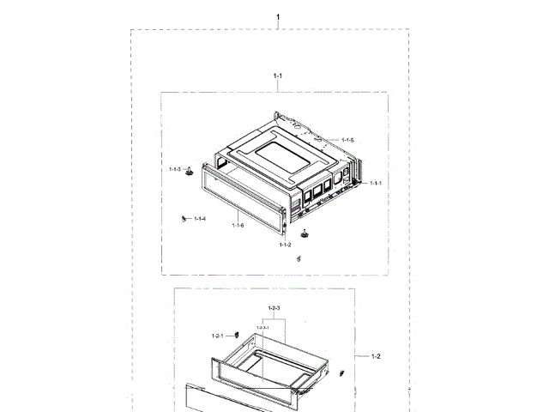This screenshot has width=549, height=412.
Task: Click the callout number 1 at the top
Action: [x=278, y=16]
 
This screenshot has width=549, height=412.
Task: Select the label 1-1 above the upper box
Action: [x=278, y=76]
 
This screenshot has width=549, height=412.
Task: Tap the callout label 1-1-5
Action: [x=347, y=140]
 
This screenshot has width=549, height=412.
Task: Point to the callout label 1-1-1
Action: [x=375, y=183]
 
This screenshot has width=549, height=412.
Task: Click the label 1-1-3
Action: [x=175, y=170]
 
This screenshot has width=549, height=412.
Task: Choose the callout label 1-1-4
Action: [x=200, y=219]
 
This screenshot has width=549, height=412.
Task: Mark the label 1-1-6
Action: [x=238, y=225]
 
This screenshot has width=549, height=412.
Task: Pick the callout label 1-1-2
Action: [x=286, y=245]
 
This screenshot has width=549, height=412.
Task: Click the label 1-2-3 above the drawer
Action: [x=274, y=308]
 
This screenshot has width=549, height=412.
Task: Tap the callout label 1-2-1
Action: [x=218, y=335]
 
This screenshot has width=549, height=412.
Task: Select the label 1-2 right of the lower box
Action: [x=376, y=355]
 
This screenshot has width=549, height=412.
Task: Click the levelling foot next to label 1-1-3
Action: [x=188, y=172]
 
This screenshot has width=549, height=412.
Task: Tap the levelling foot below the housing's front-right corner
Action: [x=304, y=233]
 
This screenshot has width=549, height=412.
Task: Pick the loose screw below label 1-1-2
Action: [x=299, y=258]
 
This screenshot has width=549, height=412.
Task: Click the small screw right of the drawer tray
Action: [x=341, y=373]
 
